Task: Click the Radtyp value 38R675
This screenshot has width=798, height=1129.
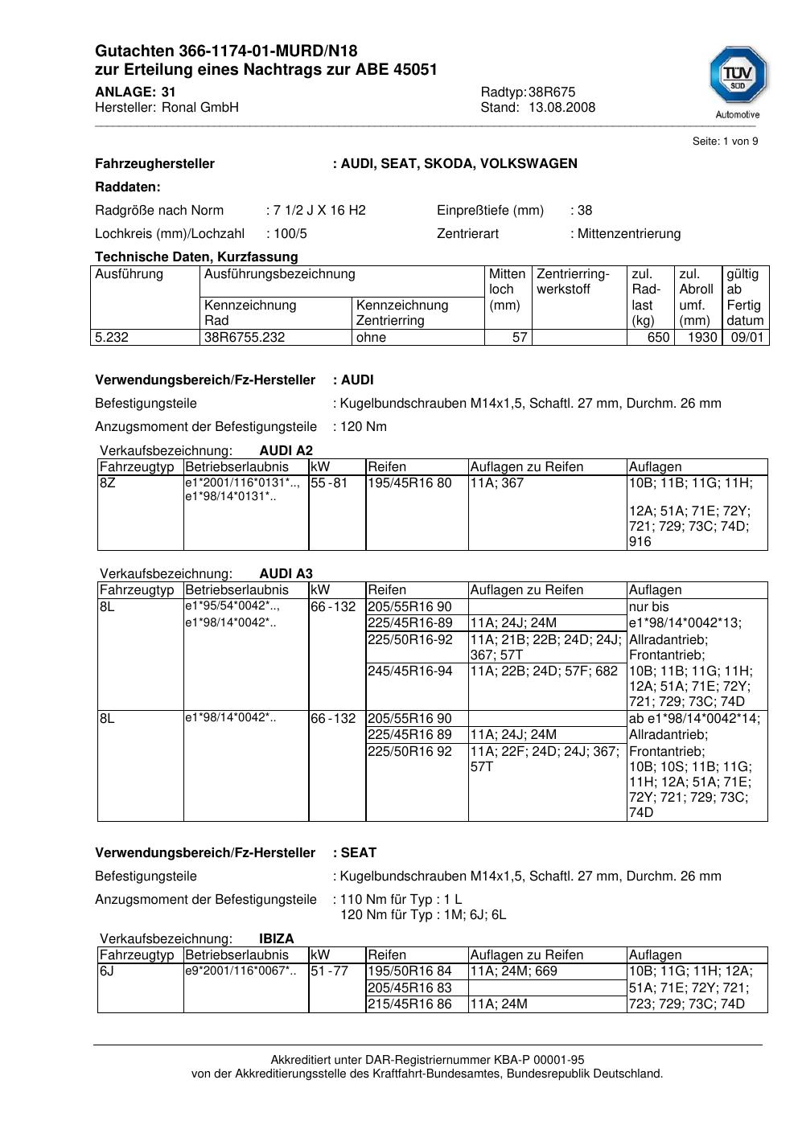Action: [552, 92]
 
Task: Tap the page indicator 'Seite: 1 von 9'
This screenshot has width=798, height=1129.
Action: [725, 142]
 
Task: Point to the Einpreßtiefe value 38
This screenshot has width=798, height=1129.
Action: [585, 210]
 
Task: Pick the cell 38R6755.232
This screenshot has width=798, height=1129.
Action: [245, 337]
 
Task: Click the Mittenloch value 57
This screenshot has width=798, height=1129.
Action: [520, 337]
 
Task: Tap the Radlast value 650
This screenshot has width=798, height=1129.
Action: [658, 337]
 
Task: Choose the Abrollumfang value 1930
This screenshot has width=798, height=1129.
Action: [701, 337]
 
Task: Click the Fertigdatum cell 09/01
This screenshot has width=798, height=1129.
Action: [747, 337]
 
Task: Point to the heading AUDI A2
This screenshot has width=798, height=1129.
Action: [286, 450]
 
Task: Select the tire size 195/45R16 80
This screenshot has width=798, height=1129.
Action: [409, 482]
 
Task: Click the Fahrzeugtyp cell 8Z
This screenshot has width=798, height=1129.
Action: [108, 482]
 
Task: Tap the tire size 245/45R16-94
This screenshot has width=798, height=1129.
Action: [409, 671]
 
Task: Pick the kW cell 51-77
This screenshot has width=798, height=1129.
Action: [329, 971]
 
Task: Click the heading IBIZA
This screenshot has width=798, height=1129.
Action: [276, 938]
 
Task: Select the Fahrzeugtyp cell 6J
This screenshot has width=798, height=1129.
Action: [108, 971]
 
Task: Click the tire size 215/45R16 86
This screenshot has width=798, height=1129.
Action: [409, 1004]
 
